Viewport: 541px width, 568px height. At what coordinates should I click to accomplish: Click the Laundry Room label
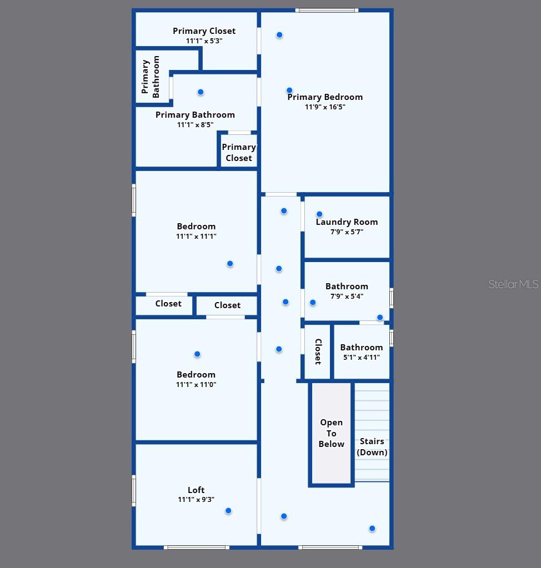(x=347, y=222)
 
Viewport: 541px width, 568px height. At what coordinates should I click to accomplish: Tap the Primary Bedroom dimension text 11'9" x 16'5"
(x=325, y=107)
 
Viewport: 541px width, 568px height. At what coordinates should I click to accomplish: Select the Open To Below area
(x=332, y=433)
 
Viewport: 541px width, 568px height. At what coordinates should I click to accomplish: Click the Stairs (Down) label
(x=372, y=447)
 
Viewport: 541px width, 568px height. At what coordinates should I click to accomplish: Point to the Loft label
(x=196, y=490)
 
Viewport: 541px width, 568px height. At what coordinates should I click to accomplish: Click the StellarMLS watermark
(x=513, y=284)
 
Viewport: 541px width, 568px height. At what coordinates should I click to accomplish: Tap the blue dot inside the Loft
(x=228, y=511)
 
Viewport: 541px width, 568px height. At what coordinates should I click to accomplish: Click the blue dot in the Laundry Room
(x=319, y=214)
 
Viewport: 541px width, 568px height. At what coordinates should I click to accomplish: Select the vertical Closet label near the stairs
(x=318, y=351)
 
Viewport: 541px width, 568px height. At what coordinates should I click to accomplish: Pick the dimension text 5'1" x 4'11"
(x=361, y=358)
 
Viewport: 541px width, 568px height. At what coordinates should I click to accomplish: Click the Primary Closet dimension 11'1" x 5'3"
(x=204, y=41)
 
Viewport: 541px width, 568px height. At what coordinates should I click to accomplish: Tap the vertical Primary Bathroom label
(x=151, y=77)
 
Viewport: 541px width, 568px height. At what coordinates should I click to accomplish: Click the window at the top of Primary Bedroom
(x=326, y=10)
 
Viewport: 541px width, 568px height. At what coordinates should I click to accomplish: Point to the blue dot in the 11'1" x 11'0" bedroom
(x=197, y=354)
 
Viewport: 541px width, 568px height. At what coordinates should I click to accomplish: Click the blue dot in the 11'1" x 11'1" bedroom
(x=230, y=264)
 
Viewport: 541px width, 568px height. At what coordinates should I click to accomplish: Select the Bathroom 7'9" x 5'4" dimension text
(x=347, y=296)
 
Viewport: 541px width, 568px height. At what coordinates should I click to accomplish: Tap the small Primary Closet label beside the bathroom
(x=239, y=153)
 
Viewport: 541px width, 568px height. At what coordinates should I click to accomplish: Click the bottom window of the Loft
(x=197, y=547)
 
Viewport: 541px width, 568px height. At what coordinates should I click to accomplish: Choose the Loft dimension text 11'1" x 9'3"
(x=196, y=500)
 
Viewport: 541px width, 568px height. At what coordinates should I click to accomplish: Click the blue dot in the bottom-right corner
(x=372, y=529)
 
